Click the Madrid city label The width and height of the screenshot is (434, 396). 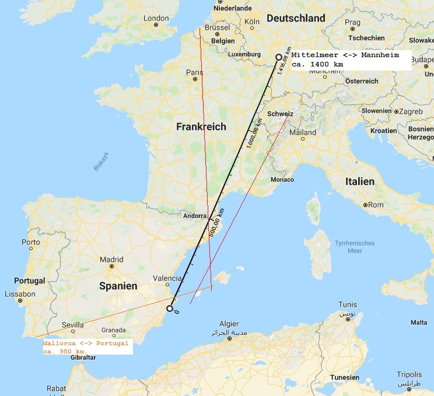[x=111, y=260]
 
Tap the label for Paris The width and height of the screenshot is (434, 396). [x=194, y=72]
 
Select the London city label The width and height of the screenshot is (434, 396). [x=156, y=18]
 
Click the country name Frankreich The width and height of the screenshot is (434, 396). [x=201, y=127]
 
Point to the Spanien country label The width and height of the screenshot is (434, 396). [x=118, y=286]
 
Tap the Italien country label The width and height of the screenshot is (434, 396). [x=359, y=181]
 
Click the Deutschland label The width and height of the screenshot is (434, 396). [x=296, y=19]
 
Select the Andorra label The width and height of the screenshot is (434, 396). [x=195, y=215]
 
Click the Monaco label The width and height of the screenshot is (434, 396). [x=282, y=179]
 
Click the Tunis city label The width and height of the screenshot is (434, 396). [x=348, y=305]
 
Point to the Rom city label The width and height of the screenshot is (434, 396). [x=376, y=205]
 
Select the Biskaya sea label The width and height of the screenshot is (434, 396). [x=101, y=162]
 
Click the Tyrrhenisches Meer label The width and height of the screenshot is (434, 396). [x=355, y=247]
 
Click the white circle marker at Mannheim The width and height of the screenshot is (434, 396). [x=279, y=57]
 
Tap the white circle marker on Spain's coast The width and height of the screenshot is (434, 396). [x=170, y=308]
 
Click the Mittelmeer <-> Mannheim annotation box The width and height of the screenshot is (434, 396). [x=350, y=58]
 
